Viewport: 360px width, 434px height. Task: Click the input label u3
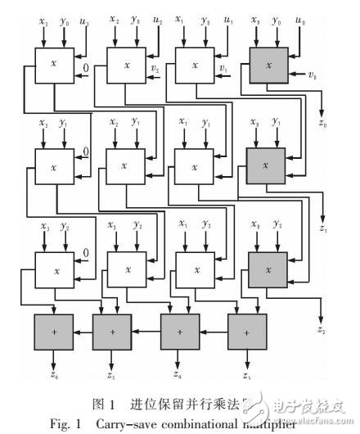[84, 20]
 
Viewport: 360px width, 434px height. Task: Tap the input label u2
[158, 18]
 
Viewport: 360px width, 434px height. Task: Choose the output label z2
[322, 332]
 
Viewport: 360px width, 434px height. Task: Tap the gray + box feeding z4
[180, 333]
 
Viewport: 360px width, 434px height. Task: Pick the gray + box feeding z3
[247, 333]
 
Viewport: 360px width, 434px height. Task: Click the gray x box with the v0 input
[263, 62]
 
